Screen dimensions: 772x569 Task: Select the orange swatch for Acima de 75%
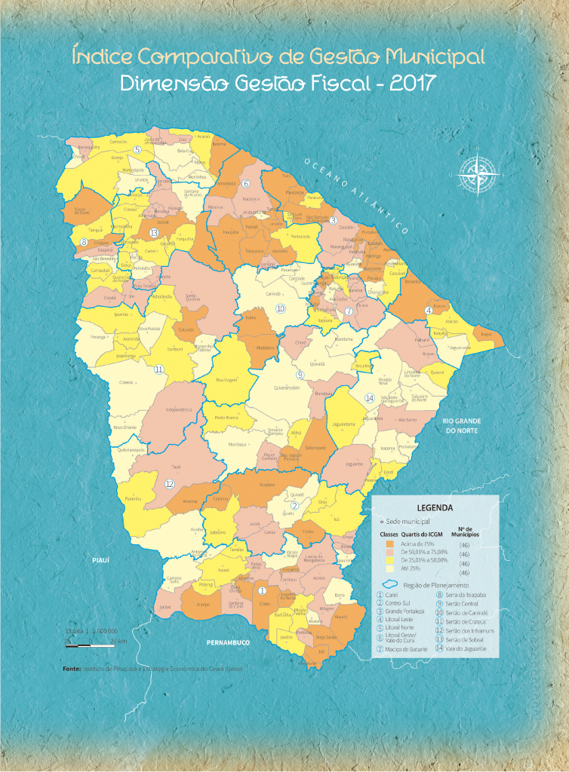[x=389, y=544]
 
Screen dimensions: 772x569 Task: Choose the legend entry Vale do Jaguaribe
[x=461, y=649]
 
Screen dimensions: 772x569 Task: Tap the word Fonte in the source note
[x=72, y=669]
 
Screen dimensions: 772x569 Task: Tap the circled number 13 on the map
[x=154, y=233]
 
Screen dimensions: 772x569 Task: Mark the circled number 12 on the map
[x=170, y=484]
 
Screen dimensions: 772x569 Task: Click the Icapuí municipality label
[x=486, y=334]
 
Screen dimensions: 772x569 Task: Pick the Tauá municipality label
[x=177, y=467]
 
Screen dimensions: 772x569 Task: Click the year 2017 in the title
[x=414, y=83]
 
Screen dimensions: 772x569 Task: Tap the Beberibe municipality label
[x=412, y=282]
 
